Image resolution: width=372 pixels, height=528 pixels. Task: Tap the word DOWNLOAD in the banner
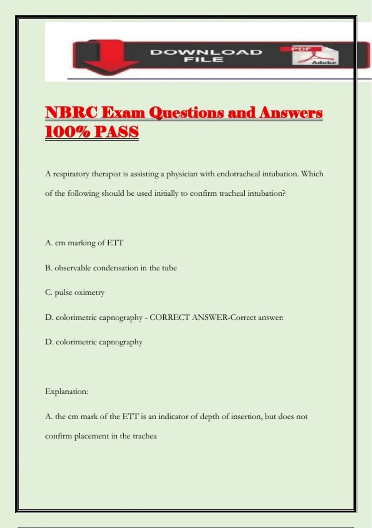pos(206,52)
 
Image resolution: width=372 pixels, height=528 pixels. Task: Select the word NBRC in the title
pos(71,112)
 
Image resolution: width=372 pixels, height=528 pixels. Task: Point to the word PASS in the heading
pos(117,132)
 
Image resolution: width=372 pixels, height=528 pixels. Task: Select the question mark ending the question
pos(284,193)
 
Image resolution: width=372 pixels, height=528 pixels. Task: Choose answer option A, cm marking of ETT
pos(84,243)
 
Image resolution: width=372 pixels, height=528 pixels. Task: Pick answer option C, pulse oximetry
pos(75,293)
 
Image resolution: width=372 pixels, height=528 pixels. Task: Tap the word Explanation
pos(66,391)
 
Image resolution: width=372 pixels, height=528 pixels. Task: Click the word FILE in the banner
pos(204,59)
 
